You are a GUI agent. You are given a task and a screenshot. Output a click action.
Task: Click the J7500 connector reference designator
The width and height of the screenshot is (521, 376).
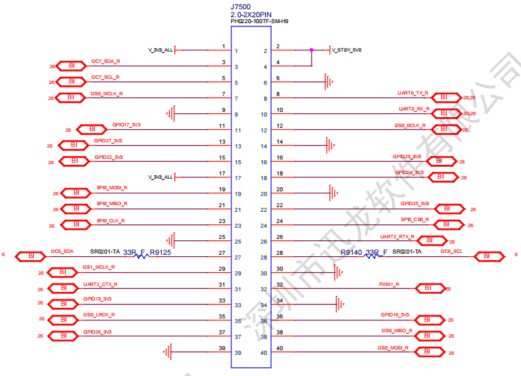(x=241, y=6)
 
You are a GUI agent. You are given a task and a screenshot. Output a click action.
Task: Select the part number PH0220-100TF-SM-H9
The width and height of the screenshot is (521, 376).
(x=259, y=22)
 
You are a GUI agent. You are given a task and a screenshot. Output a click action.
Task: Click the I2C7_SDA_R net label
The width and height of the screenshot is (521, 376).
(x=105, y=62)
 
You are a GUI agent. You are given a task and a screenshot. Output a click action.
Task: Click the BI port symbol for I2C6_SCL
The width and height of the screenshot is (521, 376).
(x=488, y=256)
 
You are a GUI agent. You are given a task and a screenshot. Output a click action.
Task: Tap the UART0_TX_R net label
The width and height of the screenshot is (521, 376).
(x=412, y=93)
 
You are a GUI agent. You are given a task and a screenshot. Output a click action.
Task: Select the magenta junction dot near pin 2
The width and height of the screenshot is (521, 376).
(x=312, y=50)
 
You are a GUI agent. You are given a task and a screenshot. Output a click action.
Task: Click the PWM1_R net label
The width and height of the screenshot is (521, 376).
(x=389, y=284)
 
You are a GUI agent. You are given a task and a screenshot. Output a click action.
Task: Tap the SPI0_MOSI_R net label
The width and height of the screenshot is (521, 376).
(x=111, y=188)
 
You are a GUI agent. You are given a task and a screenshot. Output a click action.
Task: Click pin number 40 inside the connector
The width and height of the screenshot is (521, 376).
(x=264, y=353)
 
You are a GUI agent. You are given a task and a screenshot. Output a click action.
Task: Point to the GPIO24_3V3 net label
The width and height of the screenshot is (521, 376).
(x=409, y=173)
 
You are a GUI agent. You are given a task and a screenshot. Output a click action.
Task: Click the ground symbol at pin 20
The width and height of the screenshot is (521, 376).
(x=334, y=193)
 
